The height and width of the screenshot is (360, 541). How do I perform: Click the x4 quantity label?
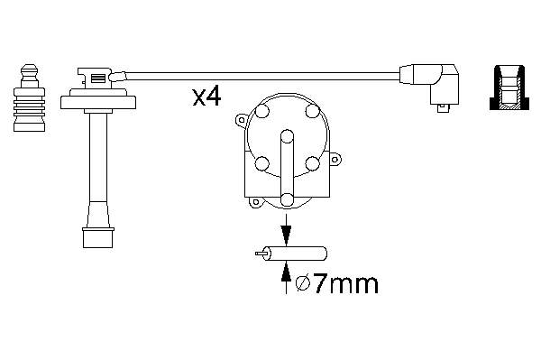click(206, 97)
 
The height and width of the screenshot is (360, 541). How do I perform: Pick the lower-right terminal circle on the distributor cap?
click(313, 163)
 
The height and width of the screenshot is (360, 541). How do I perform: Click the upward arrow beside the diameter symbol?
click(287, 275)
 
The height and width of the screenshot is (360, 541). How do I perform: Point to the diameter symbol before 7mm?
click(306, 285)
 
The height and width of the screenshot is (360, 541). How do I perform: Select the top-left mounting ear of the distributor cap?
click(240, 119)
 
